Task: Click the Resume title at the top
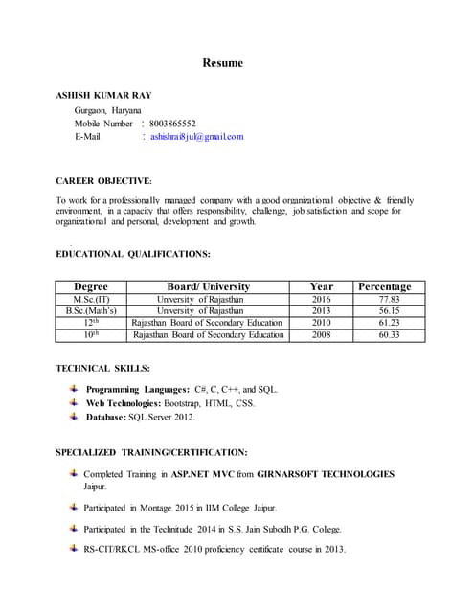click(x=222, y=63)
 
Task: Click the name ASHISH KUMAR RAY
click(x=103, y=96)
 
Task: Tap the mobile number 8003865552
click(x=172, y=124)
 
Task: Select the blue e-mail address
click(x=196, y=137)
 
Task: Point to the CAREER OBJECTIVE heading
click(x=103, y=180)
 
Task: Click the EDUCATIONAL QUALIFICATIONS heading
click(x=133, y=254)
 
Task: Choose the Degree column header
click(x=91, y=286)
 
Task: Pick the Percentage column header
click(x=384, y=286)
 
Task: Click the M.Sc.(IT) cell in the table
click(x=91, y=300)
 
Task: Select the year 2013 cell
click(x=321, y=311)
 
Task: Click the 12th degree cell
click(x=91, y=323)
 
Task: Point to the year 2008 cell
click(x=321, y=335)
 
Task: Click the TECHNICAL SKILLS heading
click(x=102, y=369)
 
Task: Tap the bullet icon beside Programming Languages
click(x=74, y=389)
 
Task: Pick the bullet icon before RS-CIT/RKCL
click(x=74, y=548)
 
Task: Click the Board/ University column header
click(x=208, y=286)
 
